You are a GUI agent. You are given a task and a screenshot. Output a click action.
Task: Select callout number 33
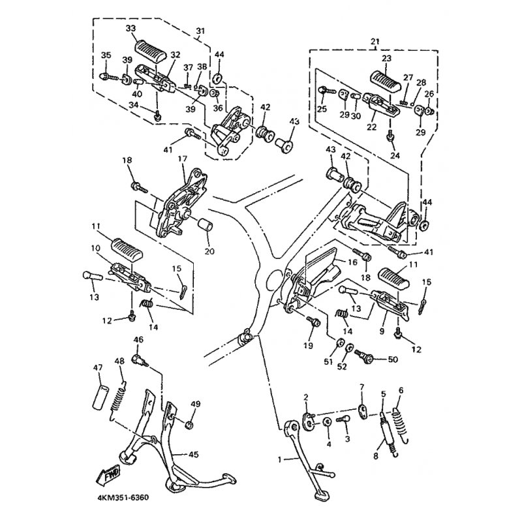pos(130,29)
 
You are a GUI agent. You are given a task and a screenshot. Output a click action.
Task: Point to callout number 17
pos(181,159)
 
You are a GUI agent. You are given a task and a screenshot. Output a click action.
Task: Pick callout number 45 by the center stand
pos(193,454)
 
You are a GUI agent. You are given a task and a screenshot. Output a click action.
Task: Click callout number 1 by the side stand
pos(281,459)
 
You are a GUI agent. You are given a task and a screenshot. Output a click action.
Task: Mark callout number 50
pos(392,360)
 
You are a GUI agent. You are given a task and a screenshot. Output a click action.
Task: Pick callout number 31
pos(200,31)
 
